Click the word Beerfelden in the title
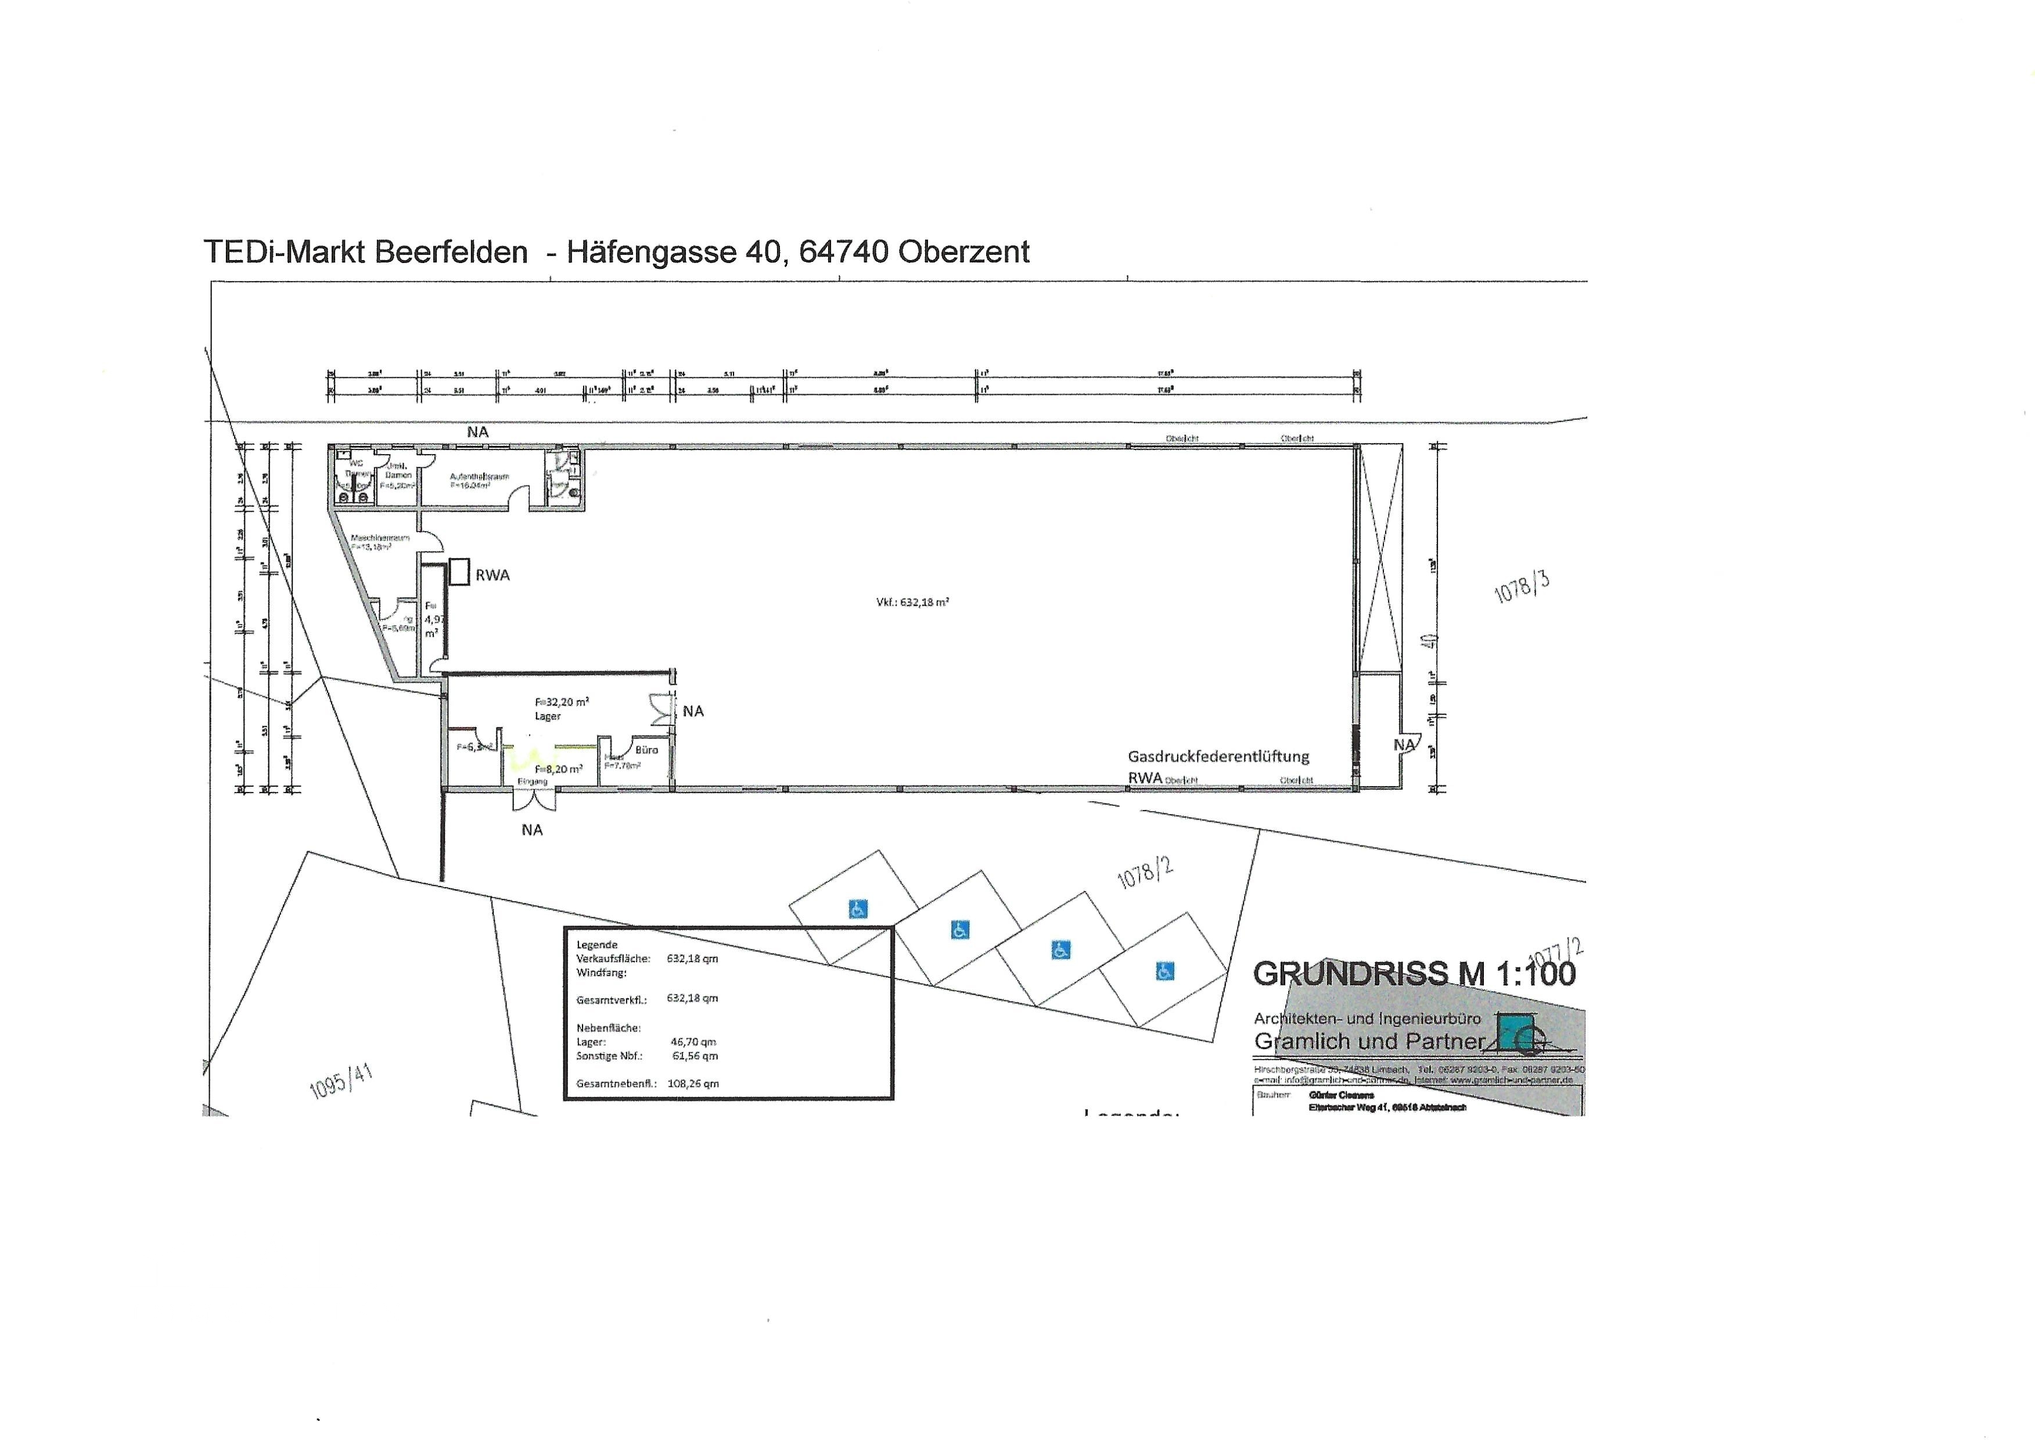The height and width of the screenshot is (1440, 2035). click(451, 253)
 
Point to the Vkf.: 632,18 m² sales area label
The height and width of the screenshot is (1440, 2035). click(912, 602)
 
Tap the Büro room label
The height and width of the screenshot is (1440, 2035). click(646, 750)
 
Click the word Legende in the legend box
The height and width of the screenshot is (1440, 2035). click(597, 944)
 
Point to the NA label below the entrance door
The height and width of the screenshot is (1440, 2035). click(532, 830)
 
